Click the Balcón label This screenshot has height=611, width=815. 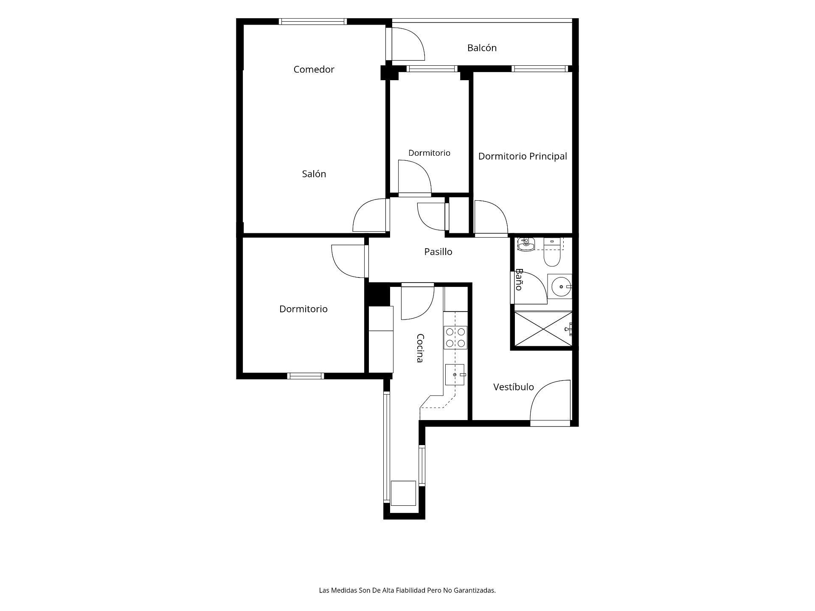point(482,48)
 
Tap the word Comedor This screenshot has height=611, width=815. point(314,69)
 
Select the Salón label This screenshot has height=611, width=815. point(314,174)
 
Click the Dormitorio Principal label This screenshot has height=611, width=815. point(523,156)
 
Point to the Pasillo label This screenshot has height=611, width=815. point(438,252)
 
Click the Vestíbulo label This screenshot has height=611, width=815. point(514,387)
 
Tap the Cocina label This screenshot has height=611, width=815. point(420,348)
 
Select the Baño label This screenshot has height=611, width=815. point(518,279)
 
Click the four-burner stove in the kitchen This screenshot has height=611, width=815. point(455,337)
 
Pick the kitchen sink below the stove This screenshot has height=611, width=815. point(455,375)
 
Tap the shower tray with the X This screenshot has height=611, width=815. point(543,329)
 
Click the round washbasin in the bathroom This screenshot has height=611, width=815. point(561,287)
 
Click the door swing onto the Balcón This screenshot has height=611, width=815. point(408,44)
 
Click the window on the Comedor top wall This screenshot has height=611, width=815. point(313,22)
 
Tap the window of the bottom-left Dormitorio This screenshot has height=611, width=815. point(306,376)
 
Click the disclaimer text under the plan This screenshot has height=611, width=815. point(407,590)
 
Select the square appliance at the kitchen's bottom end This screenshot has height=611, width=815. point(403,493)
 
